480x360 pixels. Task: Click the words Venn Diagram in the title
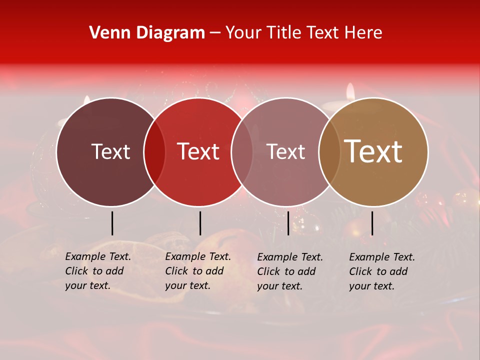[x=147, y=33]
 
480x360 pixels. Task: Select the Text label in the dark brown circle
[x=110, y=151]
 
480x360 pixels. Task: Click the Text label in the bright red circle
[x=198, y=151]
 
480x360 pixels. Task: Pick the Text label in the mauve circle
[x=285, y=151]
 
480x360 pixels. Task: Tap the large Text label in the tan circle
[x=373, y=151]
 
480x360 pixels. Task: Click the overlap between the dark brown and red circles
[x=154, y=151]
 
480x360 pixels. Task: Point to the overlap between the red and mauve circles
[x=242, y=151]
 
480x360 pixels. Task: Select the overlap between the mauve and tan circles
[x=329, y=151]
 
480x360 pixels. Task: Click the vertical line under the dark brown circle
[x=112, y=223]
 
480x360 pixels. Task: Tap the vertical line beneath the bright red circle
[x=200, y=223]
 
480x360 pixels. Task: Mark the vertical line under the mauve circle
[x=288, y=223]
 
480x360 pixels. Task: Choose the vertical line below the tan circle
[x=372, y=223]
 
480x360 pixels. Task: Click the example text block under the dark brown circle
[x=97, y=271]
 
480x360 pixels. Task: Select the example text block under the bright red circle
[x=197, y=271]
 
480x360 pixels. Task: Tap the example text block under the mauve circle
[x=289, y=271]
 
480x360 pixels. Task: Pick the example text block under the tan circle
[x=381, y=271]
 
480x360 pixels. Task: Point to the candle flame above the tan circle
[x=350, y=91]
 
